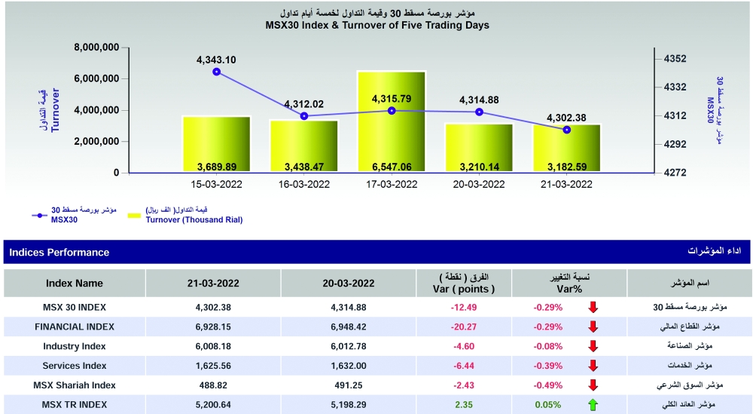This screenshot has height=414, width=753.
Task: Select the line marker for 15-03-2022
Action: pyautogui.click(x=217, y=72)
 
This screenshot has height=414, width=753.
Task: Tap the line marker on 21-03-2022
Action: pyautogui.click(x=567, y=130)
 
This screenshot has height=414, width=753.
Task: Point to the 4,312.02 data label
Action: pyautogui.click(x=303, y=104)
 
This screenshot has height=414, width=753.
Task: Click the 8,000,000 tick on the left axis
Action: pyautogui.click(x=97, y=48)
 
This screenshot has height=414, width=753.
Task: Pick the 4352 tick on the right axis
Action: pyautogui.click(x=675, y=59)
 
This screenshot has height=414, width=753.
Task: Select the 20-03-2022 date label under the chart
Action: pyautogui.click(x=479, y=184)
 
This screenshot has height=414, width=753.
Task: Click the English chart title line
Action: pyautogui.click(x=377, y=25)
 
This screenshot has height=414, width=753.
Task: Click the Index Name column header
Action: pyautogui.click(x=75, y=284)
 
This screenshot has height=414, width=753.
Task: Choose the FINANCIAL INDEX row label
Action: pyautogui.click(x=75, y=327)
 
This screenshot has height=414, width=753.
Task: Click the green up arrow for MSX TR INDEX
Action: pyautogui.click(x=593, y=405)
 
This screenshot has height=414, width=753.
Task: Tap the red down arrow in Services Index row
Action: pyautogui.click(x=593, y=366)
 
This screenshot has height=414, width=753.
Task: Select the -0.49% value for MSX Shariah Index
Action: pyautogui.click(x=548, y=385)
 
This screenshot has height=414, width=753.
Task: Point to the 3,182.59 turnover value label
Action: pyautogui.click(x=566, y=166)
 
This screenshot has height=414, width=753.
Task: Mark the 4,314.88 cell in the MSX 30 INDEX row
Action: pyautogui.click(x=348, y=307)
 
